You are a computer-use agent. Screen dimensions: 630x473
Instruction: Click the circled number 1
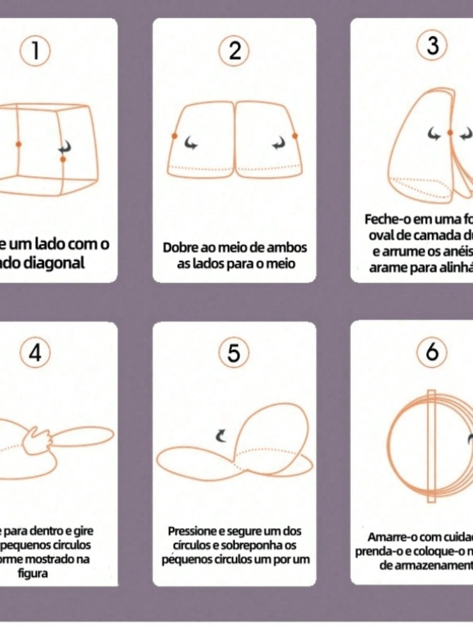click(x=35, y=51)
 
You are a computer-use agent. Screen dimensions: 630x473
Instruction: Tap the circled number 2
click(x=234, y=51)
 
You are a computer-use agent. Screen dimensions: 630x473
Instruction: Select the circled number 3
click(x=432, y=46)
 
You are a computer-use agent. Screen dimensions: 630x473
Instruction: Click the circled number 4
click(x=35, y=353)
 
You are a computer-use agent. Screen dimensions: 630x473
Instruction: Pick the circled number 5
click(x=234, y=353)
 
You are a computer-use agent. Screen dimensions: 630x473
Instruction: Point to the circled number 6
click(x=432, y=352)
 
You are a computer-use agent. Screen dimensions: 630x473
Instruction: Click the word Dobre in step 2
click(x=180, y=247)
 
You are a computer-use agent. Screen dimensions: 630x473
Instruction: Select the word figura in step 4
click(x=33, y=573)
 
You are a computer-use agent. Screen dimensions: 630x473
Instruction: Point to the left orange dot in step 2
click(x=174, y=136)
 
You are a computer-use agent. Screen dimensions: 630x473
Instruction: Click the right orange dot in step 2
click(x=295, y=136)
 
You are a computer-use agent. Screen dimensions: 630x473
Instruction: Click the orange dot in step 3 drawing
click(x=450, y=133)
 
